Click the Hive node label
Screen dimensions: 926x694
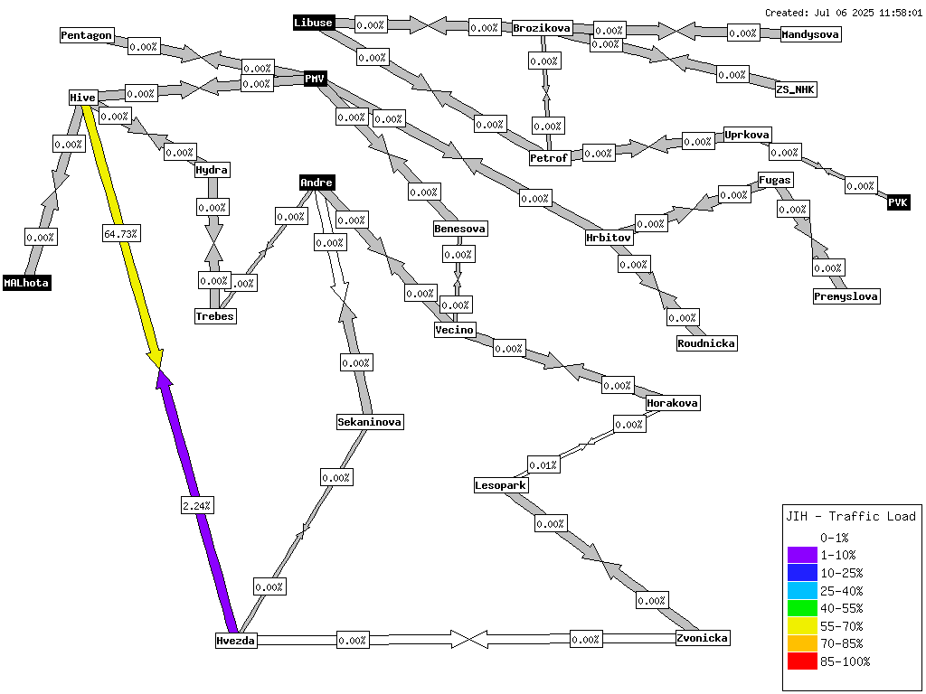coord(82,98)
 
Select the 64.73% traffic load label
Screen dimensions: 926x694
coord(120,234)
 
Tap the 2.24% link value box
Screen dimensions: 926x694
coord(197,506)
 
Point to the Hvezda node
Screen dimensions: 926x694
coord(236,641)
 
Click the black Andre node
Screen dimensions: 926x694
coord(317,183)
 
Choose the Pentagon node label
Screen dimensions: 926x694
coord(86,35)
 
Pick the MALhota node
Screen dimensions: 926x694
coord(26,283)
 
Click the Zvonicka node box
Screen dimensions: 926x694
coord(702,638)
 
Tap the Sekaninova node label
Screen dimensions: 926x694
coord(370,422)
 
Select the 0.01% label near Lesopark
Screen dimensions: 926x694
coord(543,465)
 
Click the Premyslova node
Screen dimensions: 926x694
coord(846,296)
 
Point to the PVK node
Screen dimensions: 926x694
coord(898,202)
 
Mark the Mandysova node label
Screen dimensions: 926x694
coord(810,34)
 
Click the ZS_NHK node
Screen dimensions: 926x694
coord(796,89)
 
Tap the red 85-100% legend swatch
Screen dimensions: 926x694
coord(802,661)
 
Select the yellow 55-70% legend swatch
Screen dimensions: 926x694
coord(802,626)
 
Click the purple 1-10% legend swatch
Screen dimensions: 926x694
coord(802,556)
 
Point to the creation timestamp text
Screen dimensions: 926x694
coord(844,13)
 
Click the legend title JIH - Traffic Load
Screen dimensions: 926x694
coord(850,516)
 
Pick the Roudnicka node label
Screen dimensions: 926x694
coord(706,343)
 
